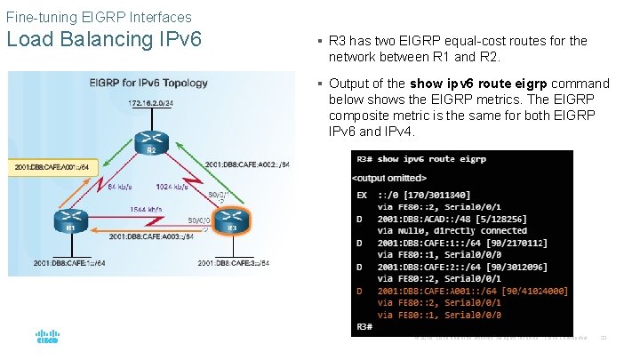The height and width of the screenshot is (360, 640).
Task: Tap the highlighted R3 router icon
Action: click(x=232, y=220)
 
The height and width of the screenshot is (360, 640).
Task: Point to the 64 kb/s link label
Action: click(x=120, y=188)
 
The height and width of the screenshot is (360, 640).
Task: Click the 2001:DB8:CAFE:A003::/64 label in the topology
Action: click(x=148, y=238)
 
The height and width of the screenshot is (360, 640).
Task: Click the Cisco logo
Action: click(x=47, y=336)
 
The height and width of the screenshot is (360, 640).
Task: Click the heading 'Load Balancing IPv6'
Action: click(x=105, y=40)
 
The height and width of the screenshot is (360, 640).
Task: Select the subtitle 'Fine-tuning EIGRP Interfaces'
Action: click(x=99, y=17)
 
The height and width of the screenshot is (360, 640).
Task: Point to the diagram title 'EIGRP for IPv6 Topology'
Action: click(x=148, y=83)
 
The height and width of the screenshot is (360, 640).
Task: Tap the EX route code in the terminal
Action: click(x=362, y=194)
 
